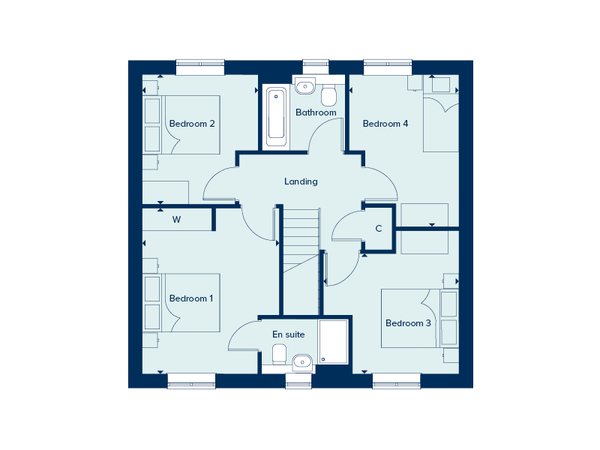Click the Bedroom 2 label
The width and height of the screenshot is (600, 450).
click(x=192, y=124)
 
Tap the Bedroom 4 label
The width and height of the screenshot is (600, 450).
click(x=385, y=124)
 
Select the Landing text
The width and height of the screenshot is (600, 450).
click(x=301, y=181)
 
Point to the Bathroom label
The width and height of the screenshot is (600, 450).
click(x=316, y=112)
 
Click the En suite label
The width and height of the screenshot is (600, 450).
click(x=289, y=334)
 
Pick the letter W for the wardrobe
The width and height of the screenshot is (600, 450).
click(x=176, y=220)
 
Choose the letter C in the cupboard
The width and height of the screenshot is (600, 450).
click(x=379, y=229)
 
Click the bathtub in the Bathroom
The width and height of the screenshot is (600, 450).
click(x=276, y=117)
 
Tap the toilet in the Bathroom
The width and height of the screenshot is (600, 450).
click(x=328, y=95)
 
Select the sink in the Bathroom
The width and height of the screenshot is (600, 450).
click(x=305, y=86)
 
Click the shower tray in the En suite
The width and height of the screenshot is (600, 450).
click(x=333, y=342)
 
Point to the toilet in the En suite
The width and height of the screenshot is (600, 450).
click(x=279, y=353)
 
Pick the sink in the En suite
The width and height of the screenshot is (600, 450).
click(x=303, y=361)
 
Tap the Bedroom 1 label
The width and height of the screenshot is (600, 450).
click(x=191, y=298)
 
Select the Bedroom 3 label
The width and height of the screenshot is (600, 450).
click(x=408, y=323)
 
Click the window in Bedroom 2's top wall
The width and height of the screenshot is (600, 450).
click(x=200, y=67)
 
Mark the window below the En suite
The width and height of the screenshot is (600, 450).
click(x=298, y=381)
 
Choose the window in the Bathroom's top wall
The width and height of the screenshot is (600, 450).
click(x=316, y=67)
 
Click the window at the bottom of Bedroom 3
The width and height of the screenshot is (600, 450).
click(x=397, y=381)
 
